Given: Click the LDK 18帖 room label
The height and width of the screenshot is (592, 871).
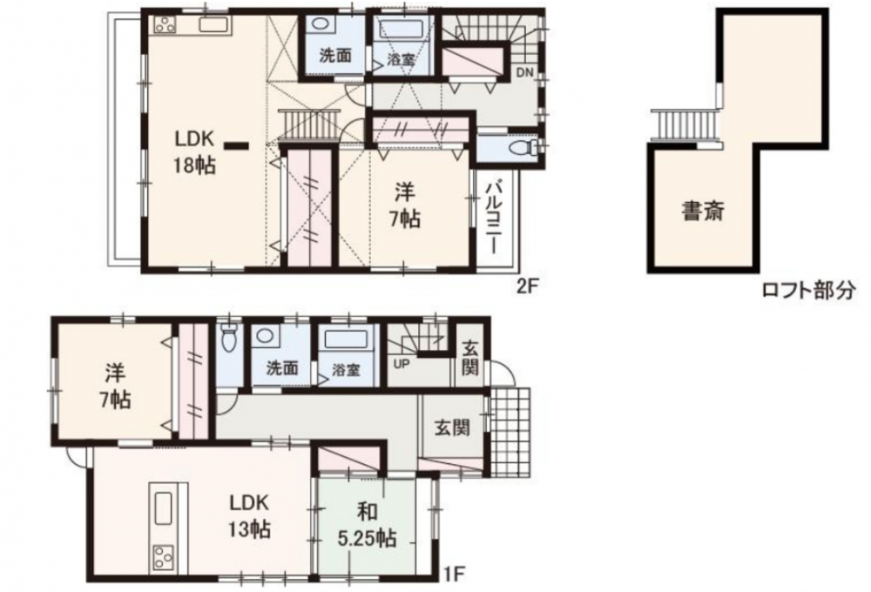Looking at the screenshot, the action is (x=193, y=151).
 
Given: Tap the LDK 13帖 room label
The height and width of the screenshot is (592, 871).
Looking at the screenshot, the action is (x=249, y=515).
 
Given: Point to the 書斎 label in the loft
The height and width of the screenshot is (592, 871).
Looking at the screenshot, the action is (x=703, y=211).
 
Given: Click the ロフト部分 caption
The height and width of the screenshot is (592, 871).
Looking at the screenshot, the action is (x=807, y=289).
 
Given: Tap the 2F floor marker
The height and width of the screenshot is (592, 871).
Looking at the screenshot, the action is (x=529, y=286).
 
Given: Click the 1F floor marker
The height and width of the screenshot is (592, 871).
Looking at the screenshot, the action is (x=453, y=573).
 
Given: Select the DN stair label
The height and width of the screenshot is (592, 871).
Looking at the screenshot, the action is (x=524, y=72).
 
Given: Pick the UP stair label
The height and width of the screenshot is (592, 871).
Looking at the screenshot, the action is (x=402, y=365).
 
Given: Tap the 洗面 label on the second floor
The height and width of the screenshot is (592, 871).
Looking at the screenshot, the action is (x=335, y=56).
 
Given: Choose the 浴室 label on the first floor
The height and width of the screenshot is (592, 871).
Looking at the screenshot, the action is (x=347, y=369).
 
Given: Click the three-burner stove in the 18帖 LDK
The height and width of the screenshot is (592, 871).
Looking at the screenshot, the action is (x=165, y=24).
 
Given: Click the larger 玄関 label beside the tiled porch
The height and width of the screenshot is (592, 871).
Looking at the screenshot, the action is (x=452, y=427).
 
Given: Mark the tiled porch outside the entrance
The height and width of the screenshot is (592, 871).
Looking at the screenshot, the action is (x=510, y=432).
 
